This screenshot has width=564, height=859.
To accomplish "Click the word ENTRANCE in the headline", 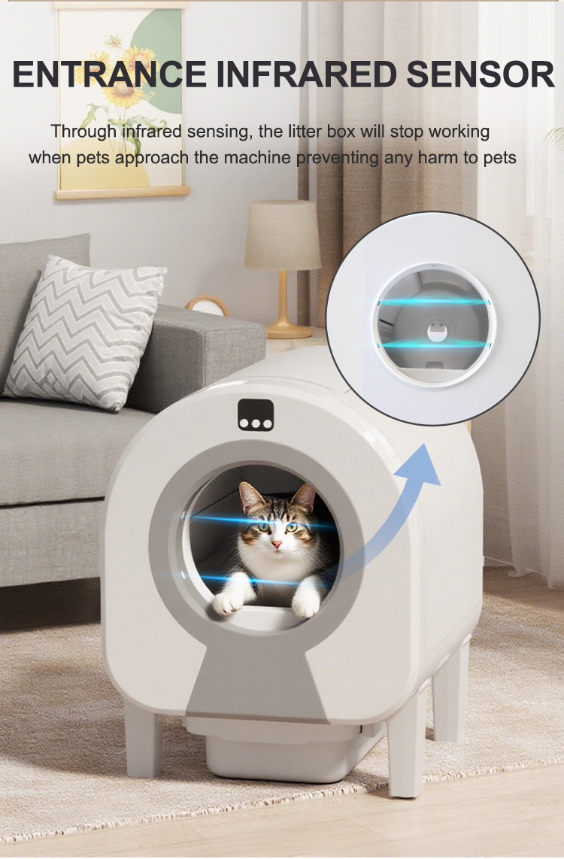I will point(108,75).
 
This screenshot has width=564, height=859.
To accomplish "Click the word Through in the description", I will point(84,132).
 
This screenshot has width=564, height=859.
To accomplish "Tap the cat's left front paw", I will point(305,603).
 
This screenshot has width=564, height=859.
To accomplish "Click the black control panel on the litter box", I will point(256,414).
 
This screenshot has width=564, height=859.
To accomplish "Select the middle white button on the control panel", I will point(256,423).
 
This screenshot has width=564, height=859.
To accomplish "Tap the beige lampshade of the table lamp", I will point(283,235).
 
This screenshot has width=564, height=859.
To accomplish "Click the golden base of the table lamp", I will point(287,329).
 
